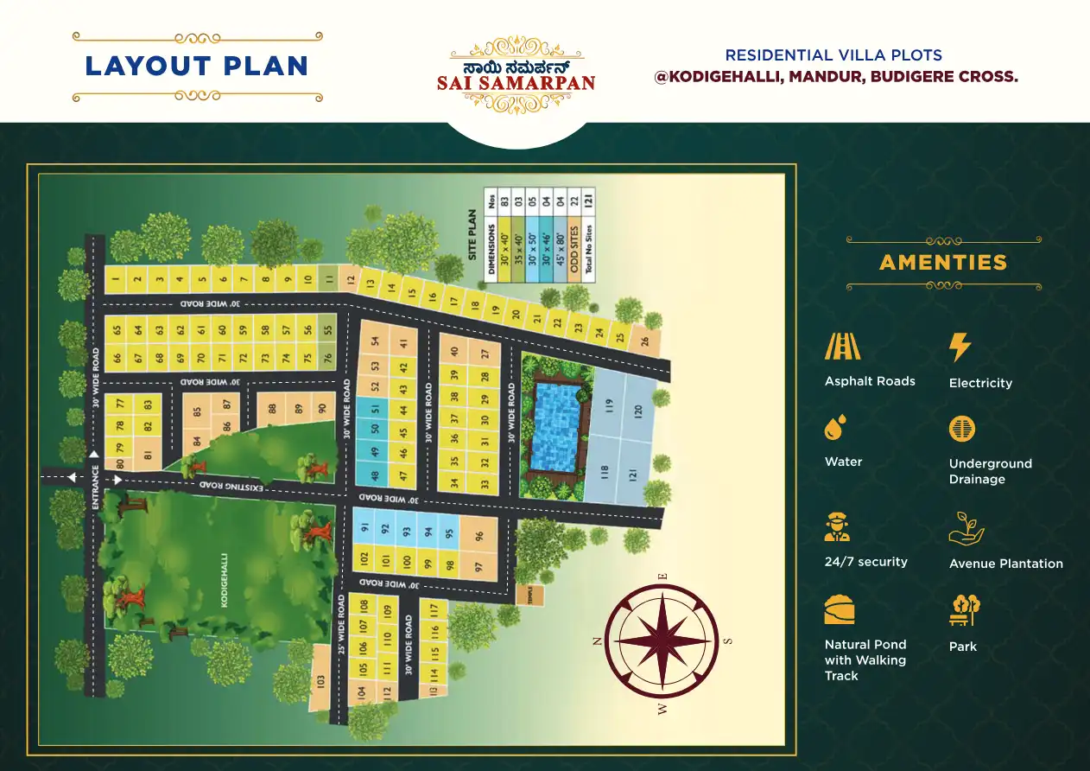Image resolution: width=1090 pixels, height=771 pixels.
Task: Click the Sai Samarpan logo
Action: [x=522, y=75]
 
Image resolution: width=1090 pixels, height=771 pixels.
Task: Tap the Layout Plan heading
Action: [x=197, y=66]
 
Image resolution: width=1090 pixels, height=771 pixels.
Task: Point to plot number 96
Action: [x=479, y=536]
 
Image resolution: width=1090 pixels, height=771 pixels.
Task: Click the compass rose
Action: [x=662, y=640]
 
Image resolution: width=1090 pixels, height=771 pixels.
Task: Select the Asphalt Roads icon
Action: [x=842, y=347]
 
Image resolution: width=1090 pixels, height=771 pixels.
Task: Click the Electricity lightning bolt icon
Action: [x=960, y=347]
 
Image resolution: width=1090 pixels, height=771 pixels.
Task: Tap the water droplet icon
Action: [x=834, y=428]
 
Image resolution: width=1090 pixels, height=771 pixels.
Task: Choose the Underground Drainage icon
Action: [x=961, y=429]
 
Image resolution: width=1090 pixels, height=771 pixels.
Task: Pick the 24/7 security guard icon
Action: [x=837, y=526]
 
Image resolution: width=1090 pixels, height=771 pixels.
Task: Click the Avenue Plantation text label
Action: [x=1005, y=564]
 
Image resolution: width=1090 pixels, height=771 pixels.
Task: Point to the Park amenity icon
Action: [x=962, y=610]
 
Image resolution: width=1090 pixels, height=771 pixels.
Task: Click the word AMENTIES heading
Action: [x=943, y=262]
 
